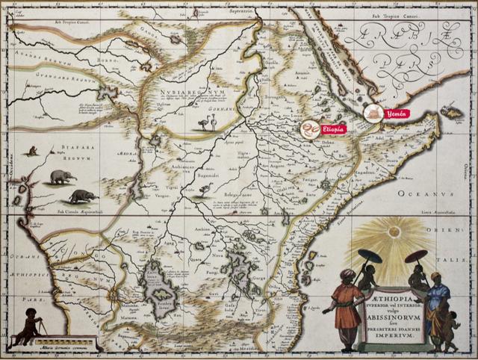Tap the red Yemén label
tap(397, 114)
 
